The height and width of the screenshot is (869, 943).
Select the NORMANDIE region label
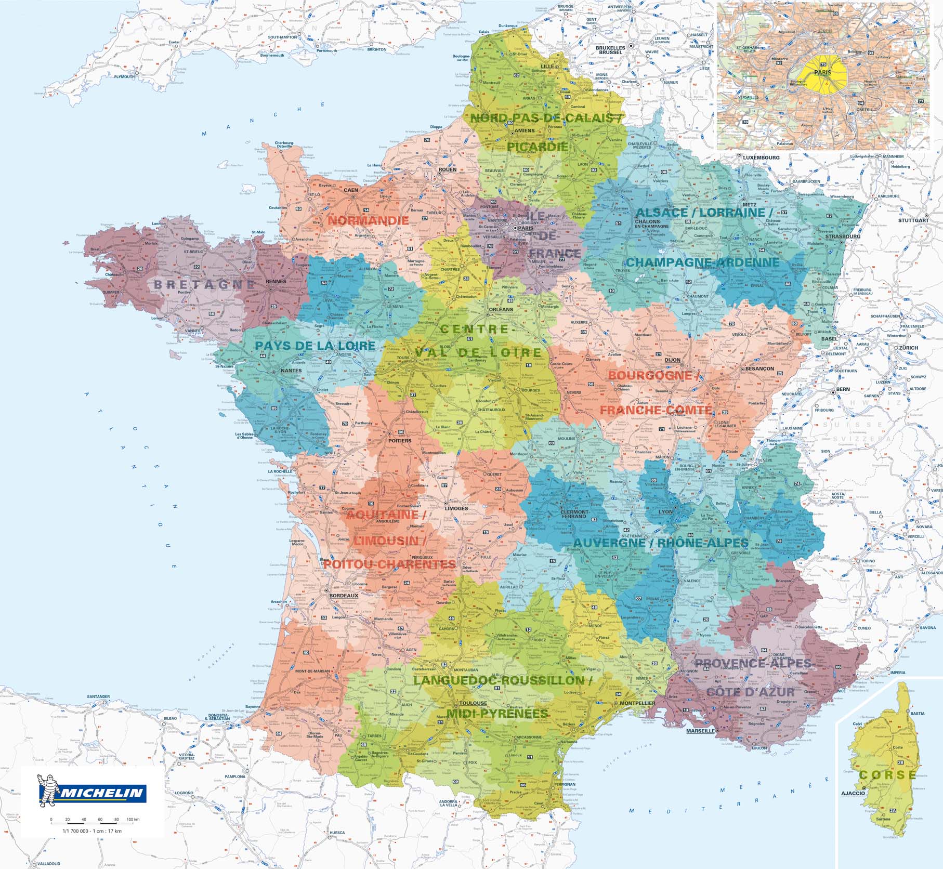coord(368,220)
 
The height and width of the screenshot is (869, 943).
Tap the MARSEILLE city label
coord(700,731)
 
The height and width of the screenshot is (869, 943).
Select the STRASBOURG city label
coord(842,236)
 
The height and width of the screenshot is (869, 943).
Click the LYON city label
coord(665,511)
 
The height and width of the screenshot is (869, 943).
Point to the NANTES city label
coord(291,371)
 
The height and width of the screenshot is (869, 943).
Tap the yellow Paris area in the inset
coord(823,72)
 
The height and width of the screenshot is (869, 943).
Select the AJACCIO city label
coord(853,794)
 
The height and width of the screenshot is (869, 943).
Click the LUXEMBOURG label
coord(761,157)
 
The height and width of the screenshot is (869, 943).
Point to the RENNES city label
coord(276,282)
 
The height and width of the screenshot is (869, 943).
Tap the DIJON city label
coord(672,360)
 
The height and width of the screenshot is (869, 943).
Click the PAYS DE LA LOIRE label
coord(315,346)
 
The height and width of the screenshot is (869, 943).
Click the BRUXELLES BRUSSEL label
coord(609,50)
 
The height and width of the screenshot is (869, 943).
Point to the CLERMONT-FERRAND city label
coord(574,513)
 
